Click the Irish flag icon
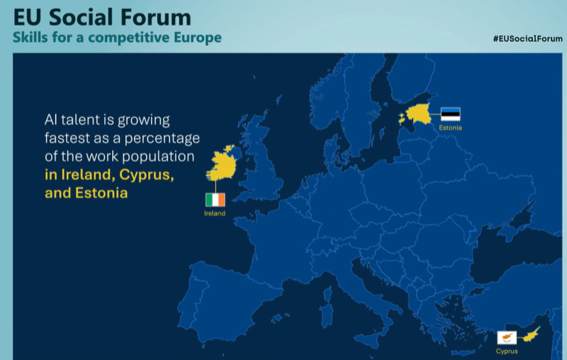(215, 200)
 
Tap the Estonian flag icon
(450, 114)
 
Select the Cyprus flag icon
(507, 337)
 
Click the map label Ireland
(214, 213)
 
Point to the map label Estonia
(450, 128)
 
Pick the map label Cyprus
(507, 351)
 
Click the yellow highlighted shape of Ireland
(222, 163)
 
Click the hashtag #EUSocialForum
(527, 39)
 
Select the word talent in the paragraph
(81, 120)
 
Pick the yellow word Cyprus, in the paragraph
(146, 175)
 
